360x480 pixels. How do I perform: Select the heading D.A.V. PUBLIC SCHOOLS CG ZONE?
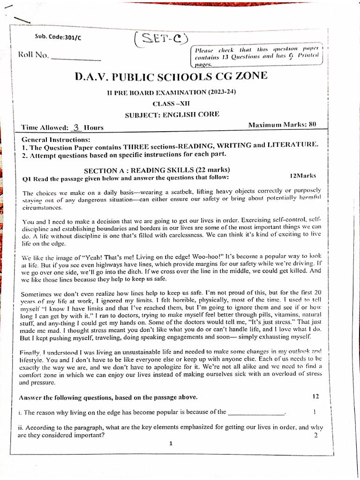pos(172,76)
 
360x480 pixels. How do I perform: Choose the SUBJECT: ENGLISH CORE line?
pos(172,114)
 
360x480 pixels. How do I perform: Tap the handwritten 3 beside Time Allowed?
pos(77,127)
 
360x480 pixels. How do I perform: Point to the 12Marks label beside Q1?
pos(303,176)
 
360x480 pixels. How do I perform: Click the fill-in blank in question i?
pos(255,413)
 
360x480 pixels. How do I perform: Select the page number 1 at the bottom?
pos(171,444)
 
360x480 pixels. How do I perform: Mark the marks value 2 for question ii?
pos(315,435)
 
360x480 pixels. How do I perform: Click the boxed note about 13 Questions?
pos(257,56)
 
